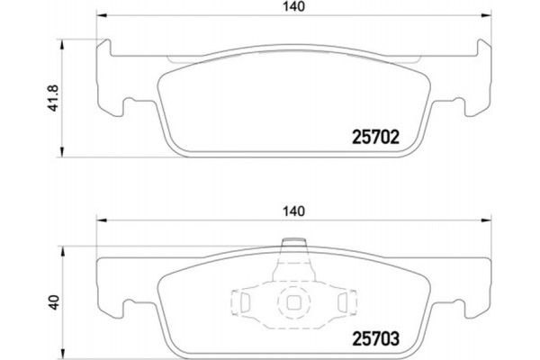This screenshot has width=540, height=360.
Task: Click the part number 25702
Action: [x=373, y=139]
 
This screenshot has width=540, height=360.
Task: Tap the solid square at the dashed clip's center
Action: [x=293, y=303]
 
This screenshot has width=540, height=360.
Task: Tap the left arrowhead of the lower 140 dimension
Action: [x=101, y=220]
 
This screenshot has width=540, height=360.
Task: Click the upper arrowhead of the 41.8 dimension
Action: [x=61, y=41]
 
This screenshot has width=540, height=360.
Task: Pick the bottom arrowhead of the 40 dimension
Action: [x=61, y=353]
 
